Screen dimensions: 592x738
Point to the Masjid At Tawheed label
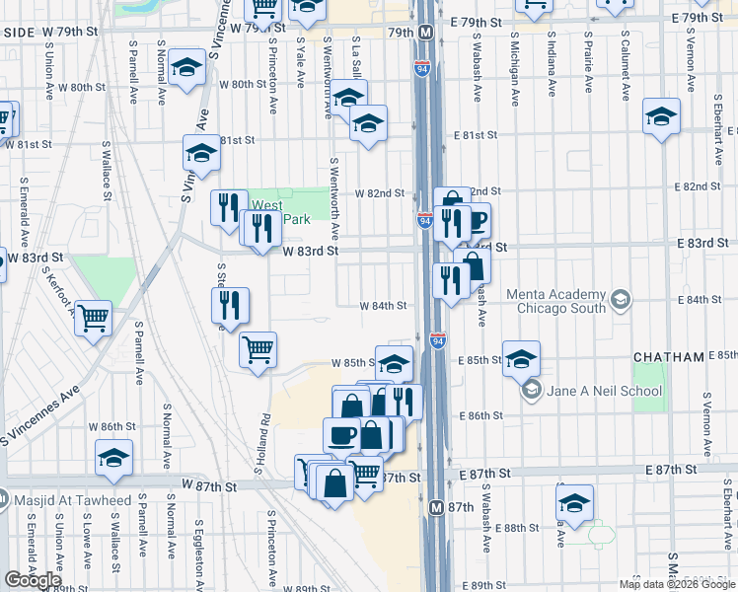[73, 500]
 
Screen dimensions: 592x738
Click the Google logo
[32, 580]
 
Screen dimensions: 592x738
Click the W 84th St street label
[384, 306]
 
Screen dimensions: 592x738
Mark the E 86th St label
[482, 416]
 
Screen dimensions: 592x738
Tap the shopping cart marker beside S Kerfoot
[93, 319]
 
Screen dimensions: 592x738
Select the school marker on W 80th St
[185, 69]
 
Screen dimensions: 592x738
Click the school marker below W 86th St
[114, 458]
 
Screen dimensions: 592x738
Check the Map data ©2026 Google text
[677, 584]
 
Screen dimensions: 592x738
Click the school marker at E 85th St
[521, 358]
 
